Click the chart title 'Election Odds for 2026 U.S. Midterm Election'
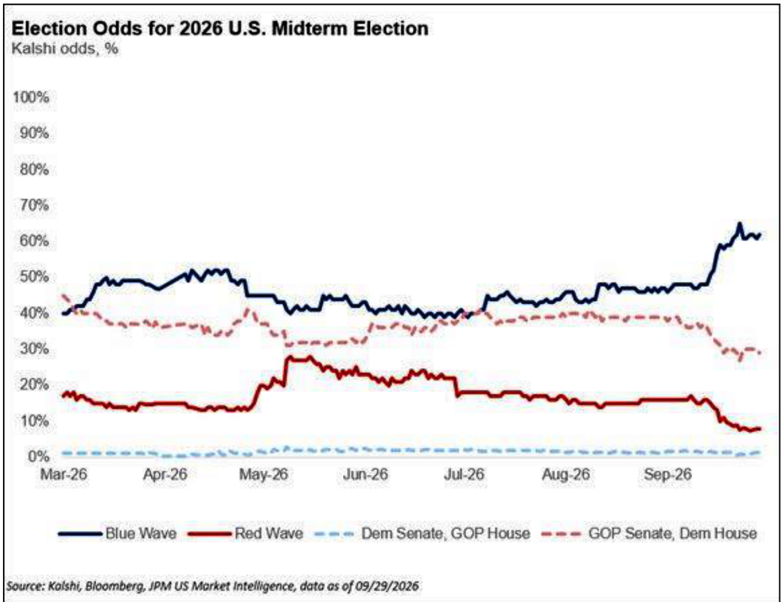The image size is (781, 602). (220, 28)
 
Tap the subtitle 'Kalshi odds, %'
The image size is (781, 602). (65, 48)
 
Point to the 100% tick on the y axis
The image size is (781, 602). (31, 97)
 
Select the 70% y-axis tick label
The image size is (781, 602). (34, 205)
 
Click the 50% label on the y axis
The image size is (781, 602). (34, 277)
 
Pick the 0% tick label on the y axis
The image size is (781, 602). (38, 457)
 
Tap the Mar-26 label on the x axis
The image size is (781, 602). (63, 475)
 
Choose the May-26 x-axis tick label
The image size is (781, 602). (264, 475)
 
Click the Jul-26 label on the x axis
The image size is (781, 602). (464, 475)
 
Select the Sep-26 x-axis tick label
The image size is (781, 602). (667, 475)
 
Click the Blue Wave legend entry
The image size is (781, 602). (118, 533)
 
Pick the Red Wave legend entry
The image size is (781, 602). (246, 533)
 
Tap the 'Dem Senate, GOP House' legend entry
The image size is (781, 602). (422, 533)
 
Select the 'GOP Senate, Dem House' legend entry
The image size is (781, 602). (649, 533)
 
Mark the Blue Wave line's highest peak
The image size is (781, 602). (739, 224)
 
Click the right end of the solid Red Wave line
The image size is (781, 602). (760, 429)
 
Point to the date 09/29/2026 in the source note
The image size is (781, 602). (387, 586)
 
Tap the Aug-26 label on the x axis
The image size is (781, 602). (566, 475)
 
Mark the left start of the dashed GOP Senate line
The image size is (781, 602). (63, 295)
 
